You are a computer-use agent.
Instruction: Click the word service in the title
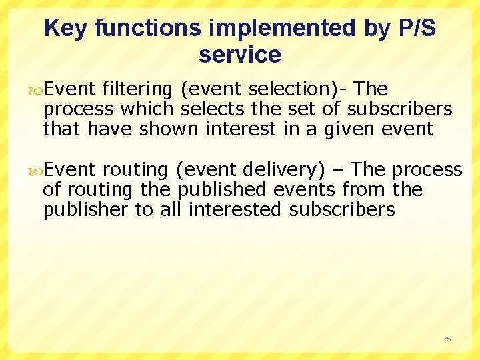pos(239,55)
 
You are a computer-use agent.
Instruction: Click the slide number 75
pos(447,339)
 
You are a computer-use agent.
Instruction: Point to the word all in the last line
pos(171,209)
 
